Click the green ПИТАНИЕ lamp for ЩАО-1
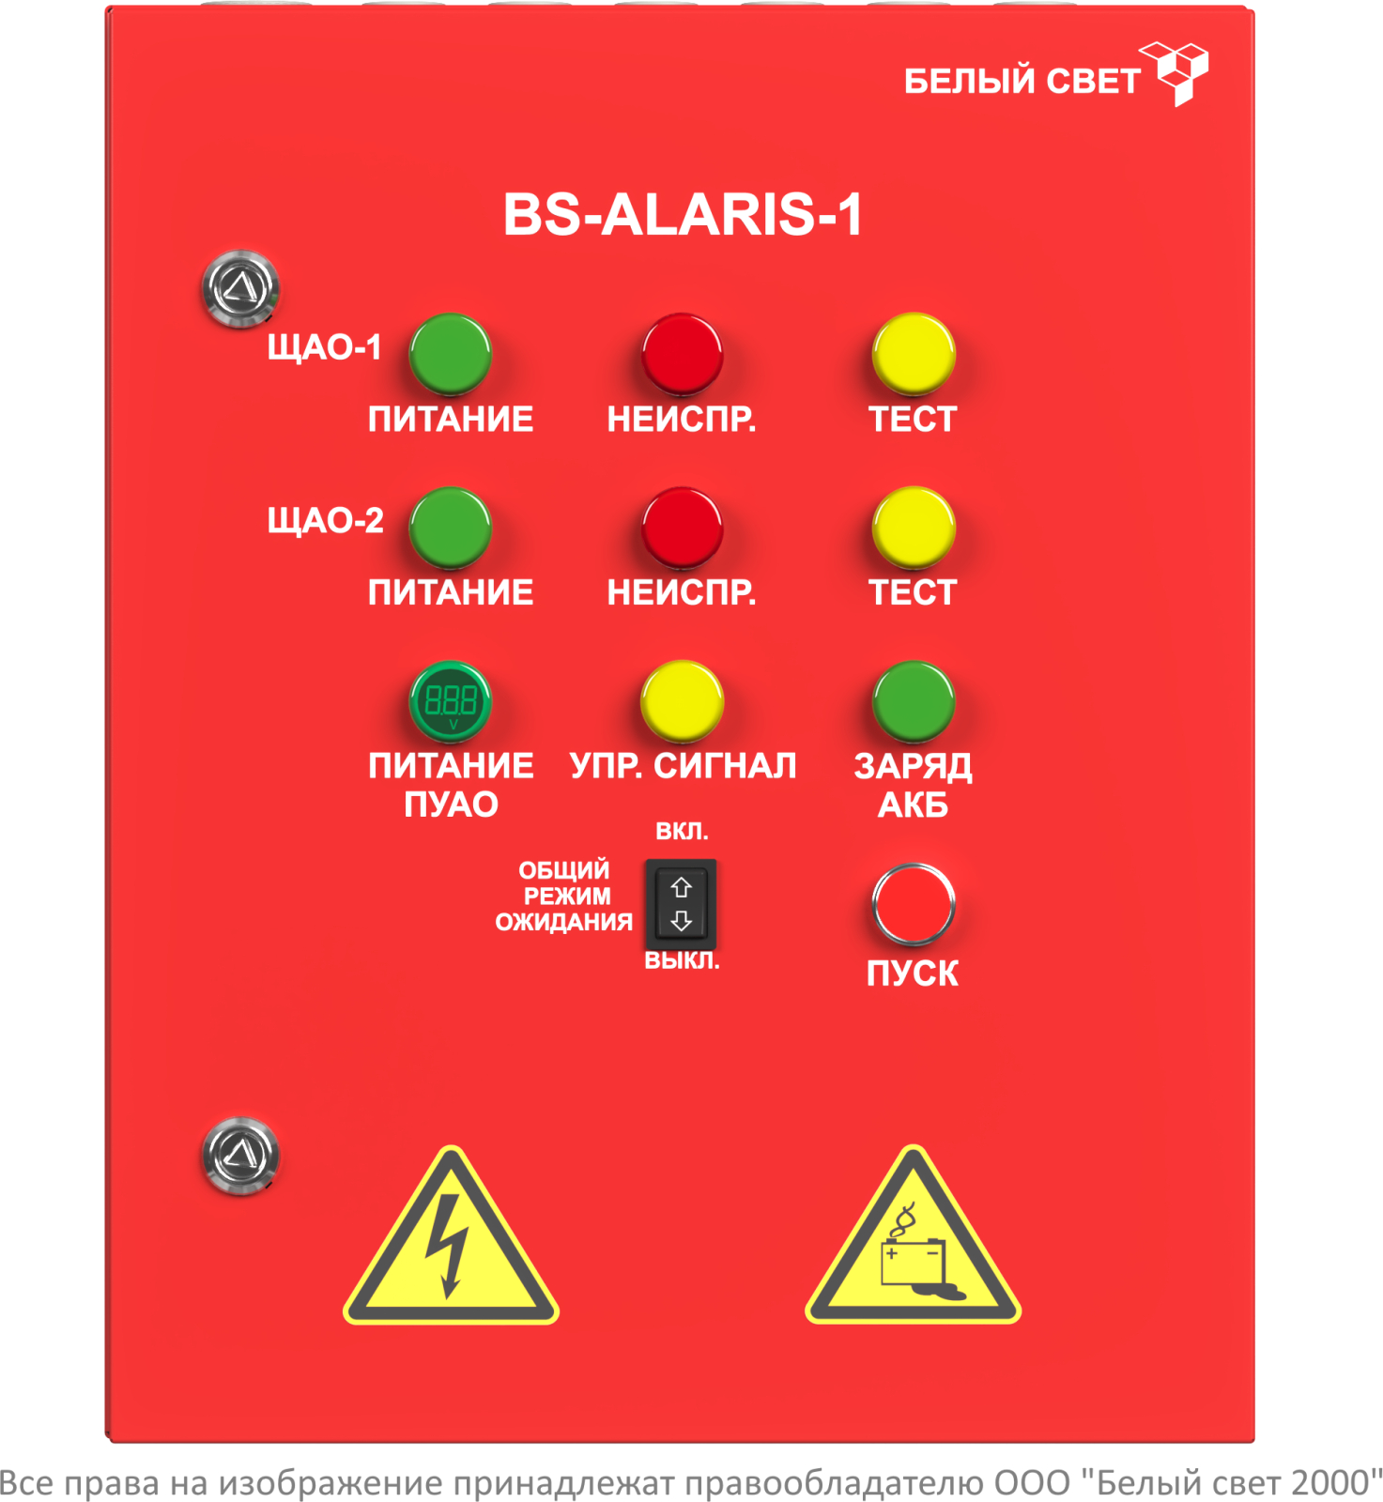point(451,354)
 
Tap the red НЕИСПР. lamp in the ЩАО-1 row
point(683,354)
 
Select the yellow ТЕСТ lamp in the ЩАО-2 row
point(914,528)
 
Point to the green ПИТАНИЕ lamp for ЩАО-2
point(451,528)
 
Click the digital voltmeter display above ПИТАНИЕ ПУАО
point(451,701)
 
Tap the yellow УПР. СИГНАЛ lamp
point(683,701)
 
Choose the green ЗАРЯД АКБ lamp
point(914,701)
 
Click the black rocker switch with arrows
point(681,904)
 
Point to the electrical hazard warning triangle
point(451,1236)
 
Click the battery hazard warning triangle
point(913,1236)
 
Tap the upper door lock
point(241,288)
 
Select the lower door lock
point(241,1156)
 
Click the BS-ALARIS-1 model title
point(683,214)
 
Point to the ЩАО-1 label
point(325,347)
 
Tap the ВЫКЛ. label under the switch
point(682,961)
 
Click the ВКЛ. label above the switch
point(682,831)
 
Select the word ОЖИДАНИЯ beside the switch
point(564,922)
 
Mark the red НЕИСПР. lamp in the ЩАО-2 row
point(683,528)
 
